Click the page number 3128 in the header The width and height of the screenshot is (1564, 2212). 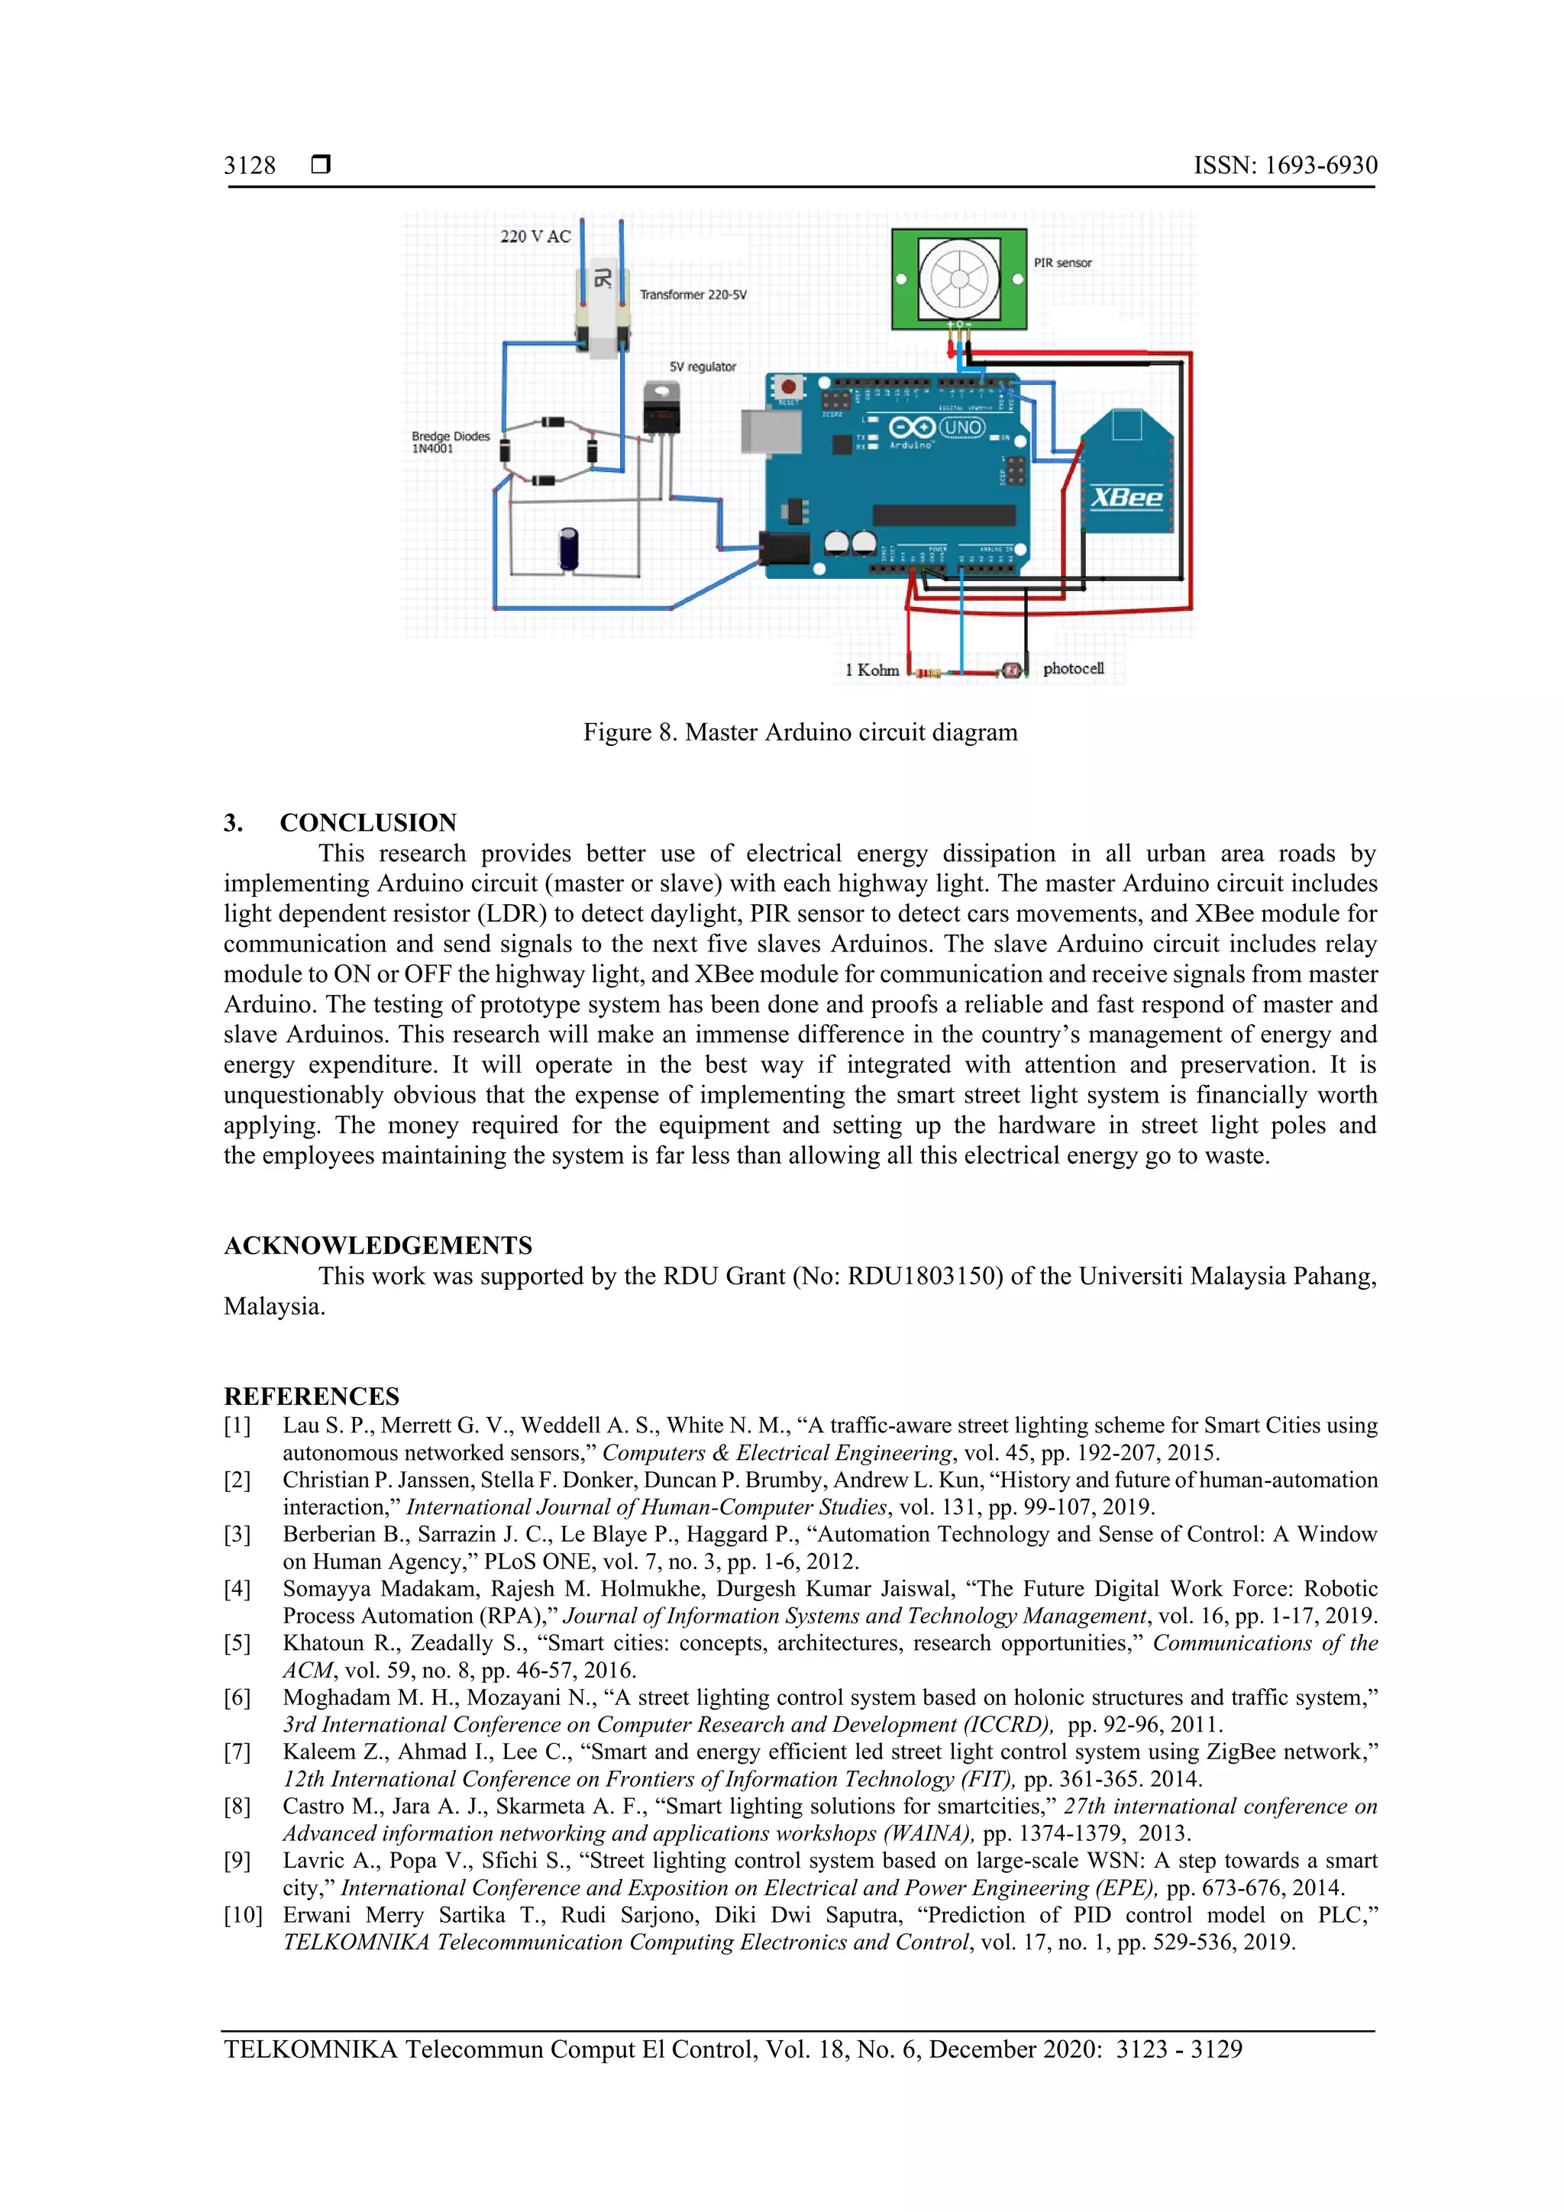click(250, 166)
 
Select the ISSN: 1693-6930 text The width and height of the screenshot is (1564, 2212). click(1284, 166)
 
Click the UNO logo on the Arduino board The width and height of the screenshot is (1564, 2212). click(961, 427)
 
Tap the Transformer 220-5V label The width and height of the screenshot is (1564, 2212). click(693, 295)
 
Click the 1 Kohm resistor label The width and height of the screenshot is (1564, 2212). click(871, 670)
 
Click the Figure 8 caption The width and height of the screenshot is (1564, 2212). click(800, 732)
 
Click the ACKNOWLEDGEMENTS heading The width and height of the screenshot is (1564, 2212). click(378, 1245)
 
